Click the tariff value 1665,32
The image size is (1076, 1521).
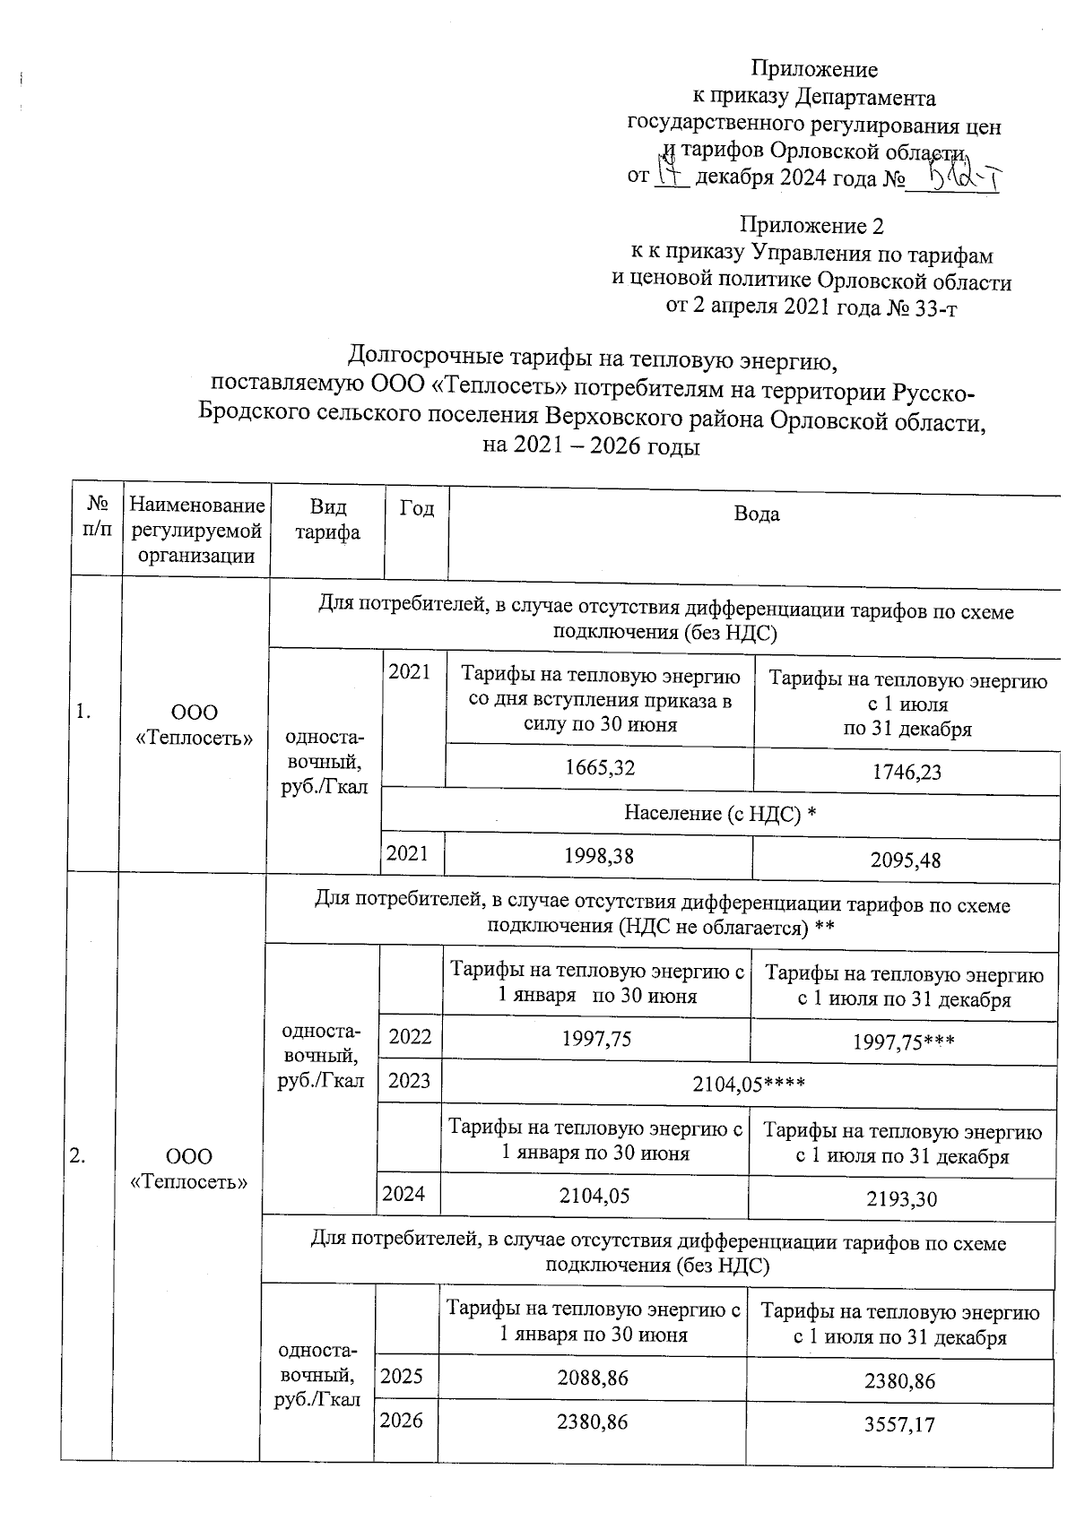pyautogui.click(x=600, y=768)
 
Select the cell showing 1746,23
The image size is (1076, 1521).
pyautogui.click(x=907, y=773)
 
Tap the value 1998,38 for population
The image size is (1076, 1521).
pyautogui.click(x=598, y=856)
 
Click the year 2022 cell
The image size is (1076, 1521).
pyautogui.click(x=410, y=1037)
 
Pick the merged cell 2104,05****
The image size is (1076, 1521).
pyautogui.click(x=749, y=1085)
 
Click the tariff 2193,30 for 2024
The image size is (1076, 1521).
pyautogui.click(x=901, y=1198)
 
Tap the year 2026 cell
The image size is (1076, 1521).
pyautogui.click(x=402, y=1421)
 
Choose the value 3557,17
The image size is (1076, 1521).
pyautogui.click(x=898, y=1424)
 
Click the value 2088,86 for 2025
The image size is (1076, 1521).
pyautogui.click(x=592, y=1378)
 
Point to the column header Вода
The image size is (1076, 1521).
pyautogui.click(x=756, y=514)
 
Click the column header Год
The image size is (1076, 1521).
pyautogui.click(x=417, y=508)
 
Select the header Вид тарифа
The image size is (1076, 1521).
pyautogui.click(x=328, y=520)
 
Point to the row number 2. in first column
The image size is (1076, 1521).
pyautogui.click(x=78, y=1156)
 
